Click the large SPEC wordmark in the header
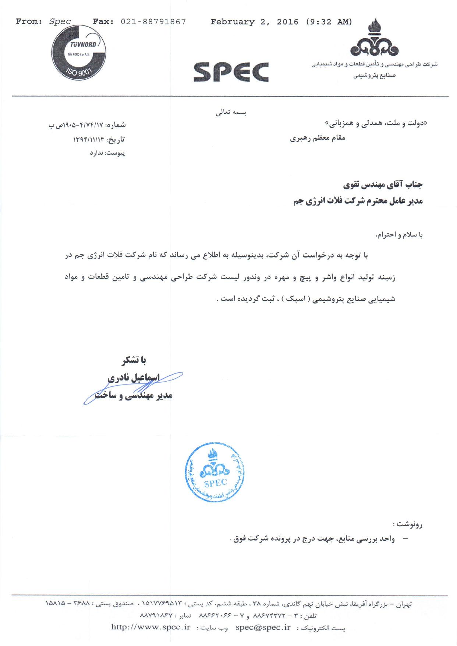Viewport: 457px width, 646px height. click(x=231, y=72)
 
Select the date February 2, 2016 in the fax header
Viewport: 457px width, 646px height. click(x=254, y=22)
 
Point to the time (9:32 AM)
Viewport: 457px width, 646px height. click(x=329, y=22)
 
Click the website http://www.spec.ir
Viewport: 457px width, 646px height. click(x=150, y=627)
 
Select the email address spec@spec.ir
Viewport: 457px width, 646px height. click(x=263, y=627)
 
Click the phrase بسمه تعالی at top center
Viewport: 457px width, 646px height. click(x=231, y=112)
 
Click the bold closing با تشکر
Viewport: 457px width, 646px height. click(x=134, y=361)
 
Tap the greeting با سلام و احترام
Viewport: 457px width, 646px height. click(x=399, y=235)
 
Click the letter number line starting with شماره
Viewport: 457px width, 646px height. click(x=87, y=125)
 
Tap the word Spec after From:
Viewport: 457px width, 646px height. click(x=60, y=22)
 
